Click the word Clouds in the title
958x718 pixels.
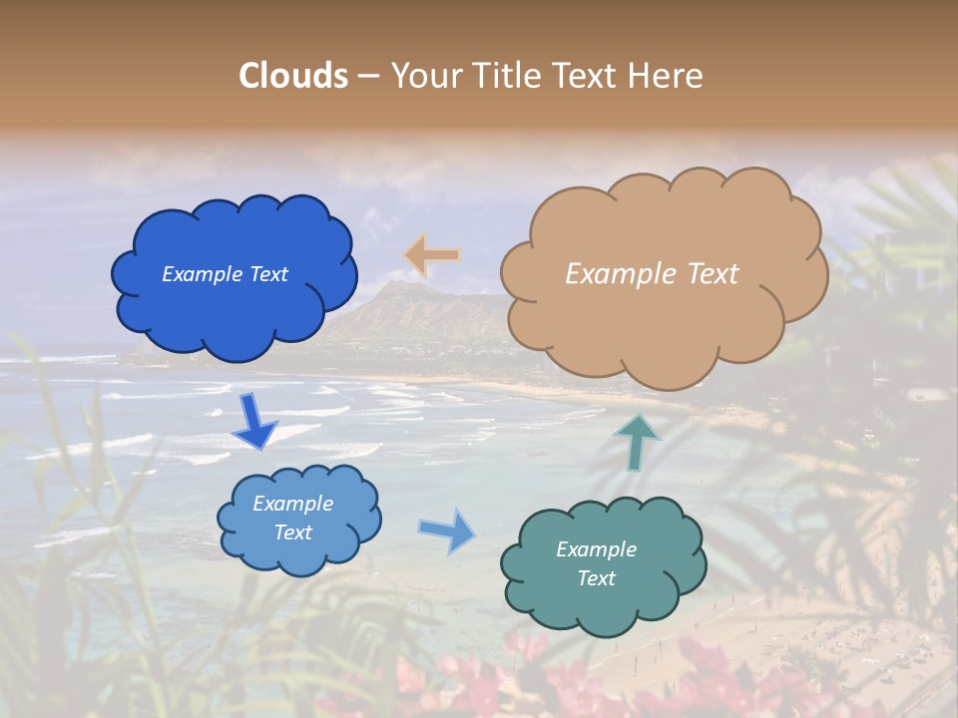coord(293,76)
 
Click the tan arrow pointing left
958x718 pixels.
coord(432,255)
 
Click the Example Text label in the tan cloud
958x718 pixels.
coord(652,274)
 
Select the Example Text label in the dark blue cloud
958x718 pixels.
coord(225,274)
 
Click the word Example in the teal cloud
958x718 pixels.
coord(596,549)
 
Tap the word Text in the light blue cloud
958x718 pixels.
coord(292,533)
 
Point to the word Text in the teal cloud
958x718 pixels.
coord(596,578)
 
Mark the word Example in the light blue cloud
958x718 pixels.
coord(292,504)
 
